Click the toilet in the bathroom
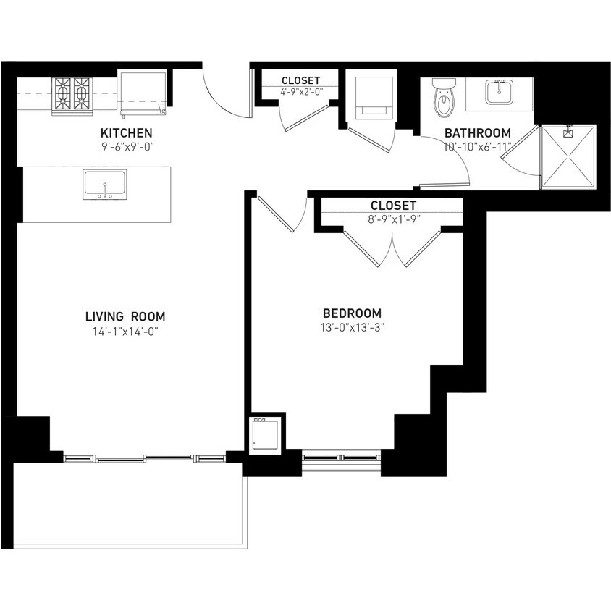[x=444, y=98]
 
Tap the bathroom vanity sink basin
[x=499, y=92]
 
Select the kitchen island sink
[x=105, y=185]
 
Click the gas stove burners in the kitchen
[x=72, y=94]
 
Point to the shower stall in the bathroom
[x=568, y=157]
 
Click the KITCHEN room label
[x=126, y=133]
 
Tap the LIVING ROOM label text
[x=125, y=316]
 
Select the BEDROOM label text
[x=353, y=313]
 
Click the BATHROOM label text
[x=478, y=133]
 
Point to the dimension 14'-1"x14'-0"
[x=125, y=332]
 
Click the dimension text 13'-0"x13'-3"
[x=353, y=327]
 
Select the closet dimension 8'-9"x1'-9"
[x=393, y=219]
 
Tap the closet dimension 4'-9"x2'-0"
[x=301, y=93]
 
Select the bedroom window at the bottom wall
[x=342, y=460]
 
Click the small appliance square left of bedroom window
[x=265, y=434]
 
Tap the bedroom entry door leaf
[x=276, y=214]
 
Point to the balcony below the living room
[x=130, y=505]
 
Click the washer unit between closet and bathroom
[x=374, y=96]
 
